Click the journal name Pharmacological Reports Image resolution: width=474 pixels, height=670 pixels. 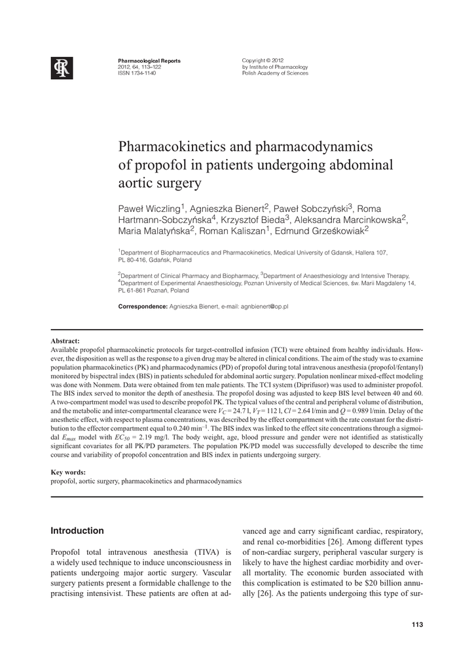149,61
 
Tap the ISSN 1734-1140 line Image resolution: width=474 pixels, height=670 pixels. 137,73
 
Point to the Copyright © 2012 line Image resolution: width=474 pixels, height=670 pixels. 263,61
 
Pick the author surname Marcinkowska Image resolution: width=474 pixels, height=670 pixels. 369,219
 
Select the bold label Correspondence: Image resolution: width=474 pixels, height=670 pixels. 143,306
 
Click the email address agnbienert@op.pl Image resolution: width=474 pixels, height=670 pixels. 265,306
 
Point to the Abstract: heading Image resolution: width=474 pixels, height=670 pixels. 65,341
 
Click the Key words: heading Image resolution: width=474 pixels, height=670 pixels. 68,472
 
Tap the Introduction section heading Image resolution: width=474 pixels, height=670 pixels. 77,531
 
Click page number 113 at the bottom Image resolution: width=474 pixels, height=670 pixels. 417,624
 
